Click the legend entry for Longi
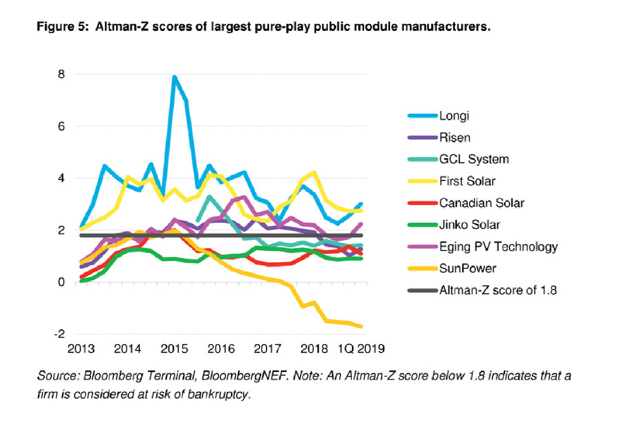[453, 116]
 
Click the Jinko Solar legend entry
[469, 225]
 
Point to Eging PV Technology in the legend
[498, 246]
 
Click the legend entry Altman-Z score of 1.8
[498, 290]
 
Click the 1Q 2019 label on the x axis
[360, 349]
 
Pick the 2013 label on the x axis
[81, 349]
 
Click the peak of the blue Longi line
[174, 77]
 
